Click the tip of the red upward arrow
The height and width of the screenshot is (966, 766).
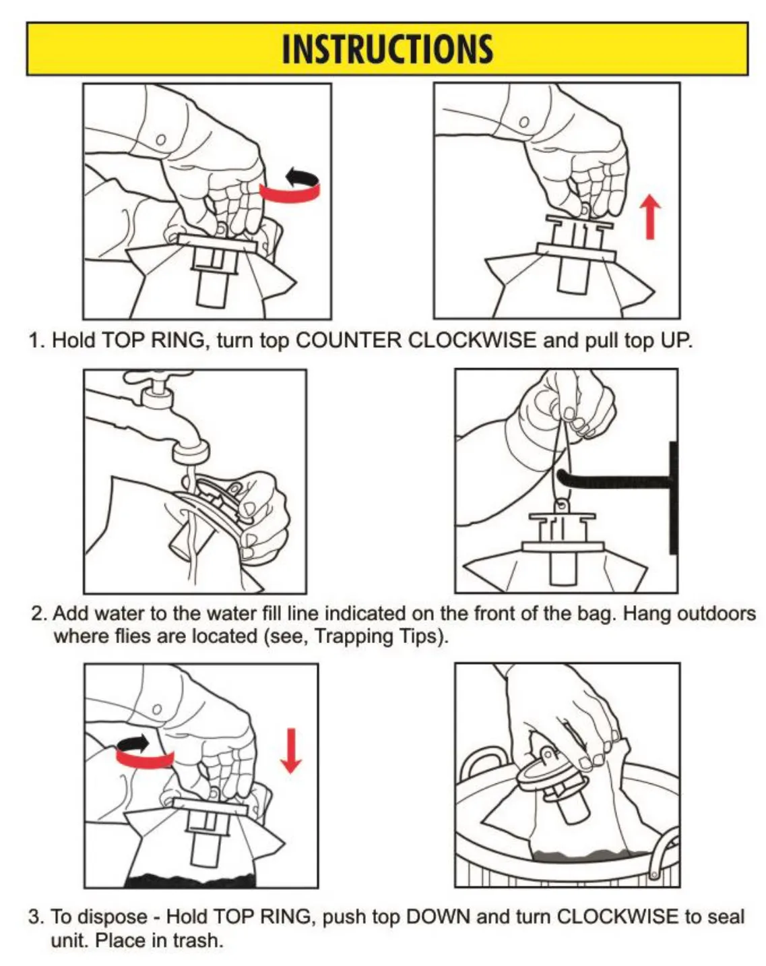click(649, 194)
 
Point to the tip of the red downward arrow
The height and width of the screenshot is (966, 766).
click(291, 773)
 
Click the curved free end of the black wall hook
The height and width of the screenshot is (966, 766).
click(561, 475)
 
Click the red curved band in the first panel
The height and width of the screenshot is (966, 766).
click(290, 193)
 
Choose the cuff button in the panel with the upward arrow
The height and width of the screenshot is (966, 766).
click(523, 121)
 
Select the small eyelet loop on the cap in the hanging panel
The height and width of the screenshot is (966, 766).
click(561, 506)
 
